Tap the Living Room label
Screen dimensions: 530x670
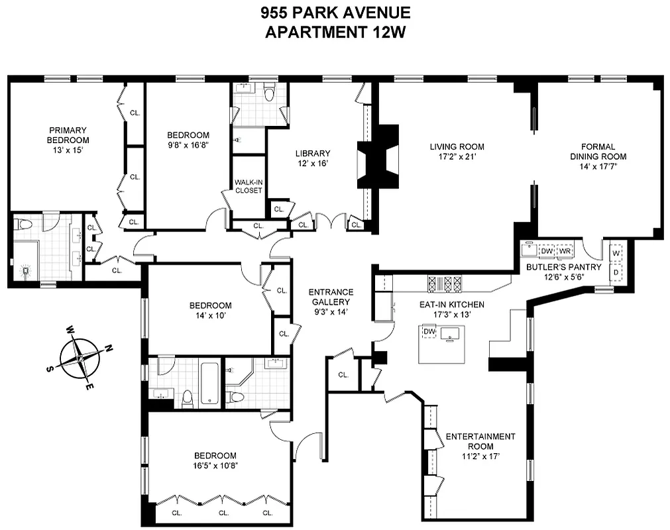[457, 146]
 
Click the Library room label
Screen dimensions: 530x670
[312, 154]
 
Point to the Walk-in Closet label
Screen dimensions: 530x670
[249, 185]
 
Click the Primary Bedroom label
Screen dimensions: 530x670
[67, 135]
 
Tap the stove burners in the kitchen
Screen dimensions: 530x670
[445, 284]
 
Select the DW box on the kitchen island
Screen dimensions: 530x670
[429, 331]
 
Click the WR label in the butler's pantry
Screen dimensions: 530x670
[565, 251]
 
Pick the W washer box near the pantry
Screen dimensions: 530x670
[616, 253]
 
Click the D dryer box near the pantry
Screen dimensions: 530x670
[616, 272]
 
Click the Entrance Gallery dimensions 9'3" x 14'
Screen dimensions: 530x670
[331, 312]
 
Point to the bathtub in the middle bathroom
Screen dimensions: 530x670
[210, 382]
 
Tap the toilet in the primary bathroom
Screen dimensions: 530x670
[25, 225]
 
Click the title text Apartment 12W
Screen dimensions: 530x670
[335, 32]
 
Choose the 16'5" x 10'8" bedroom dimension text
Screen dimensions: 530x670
[215, 466]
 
